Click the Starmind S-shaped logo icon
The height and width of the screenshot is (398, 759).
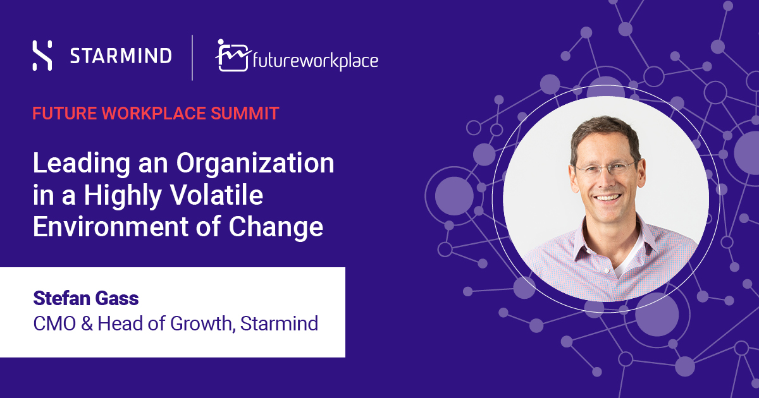click(x=42, y=56)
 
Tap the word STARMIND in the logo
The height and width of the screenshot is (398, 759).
click(x=121, y=56)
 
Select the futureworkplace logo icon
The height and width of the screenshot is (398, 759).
click(x=233, y=56)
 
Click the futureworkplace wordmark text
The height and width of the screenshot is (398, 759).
click(x=316, y=61)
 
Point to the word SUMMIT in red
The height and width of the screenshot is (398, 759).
click(x=245, y=113)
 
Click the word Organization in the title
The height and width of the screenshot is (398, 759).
click(x=255, y=164)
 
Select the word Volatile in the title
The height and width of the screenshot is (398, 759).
click(x=216, y=195)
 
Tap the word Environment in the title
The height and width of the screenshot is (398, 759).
click(x=110, y=226)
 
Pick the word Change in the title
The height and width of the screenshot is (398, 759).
click(x=276, y=228)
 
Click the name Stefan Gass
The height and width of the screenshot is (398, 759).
click(x=86, y=298)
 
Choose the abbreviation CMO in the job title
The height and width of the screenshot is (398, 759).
click(x=54, y=323)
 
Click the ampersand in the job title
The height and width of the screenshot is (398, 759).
click(x=87, y=323)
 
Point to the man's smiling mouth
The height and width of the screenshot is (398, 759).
click(x=608, y=198)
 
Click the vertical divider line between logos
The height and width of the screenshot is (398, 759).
click(x=192, y=57)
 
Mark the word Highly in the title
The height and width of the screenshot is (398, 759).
click(x=123, y=196)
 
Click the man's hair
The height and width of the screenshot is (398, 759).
click(x=605, y=134)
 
